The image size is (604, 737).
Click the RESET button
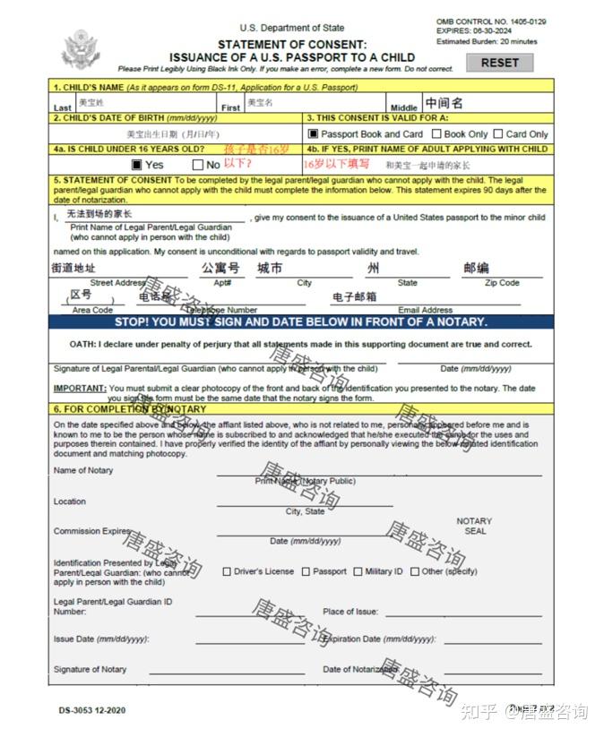click(499, 63)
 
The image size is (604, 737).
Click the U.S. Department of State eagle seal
click(81, 52)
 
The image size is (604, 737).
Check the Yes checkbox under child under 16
click(137, 165)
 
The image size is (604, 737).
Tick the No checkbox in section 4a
click(198, 165)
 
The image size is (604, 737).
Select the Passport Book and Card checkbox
click(313, 134)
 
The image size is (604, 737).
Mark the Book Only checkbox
click(436, 134)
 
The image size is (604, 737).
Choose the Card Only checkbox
click(498, 134)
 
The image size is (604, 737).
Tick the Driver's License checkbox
click(227, 571)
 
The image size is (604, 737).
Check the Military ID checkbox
click(358, 571)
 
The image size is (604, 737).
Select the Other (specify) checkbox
click(414, 571)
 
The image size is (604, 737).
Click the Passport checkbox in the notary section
click(306, 571)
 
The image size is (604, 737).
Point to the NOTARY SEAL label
click(474, 526)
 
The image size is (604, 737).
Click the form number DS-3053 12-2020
click(92, 710)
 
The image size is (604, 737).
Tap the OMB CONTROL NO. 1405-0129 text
click(491, 21)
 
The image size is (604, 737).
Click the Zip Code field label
click(502, 283)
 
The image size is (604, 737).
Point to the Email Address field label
click(426, 310)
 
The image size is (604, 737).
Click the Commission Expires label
click(91, 531)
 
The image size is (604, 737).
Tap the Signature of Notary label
click(90, 669)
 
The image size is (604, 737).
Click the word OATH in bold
click(82, 344)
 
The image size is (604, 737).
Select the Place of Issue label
click(350, 612)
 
